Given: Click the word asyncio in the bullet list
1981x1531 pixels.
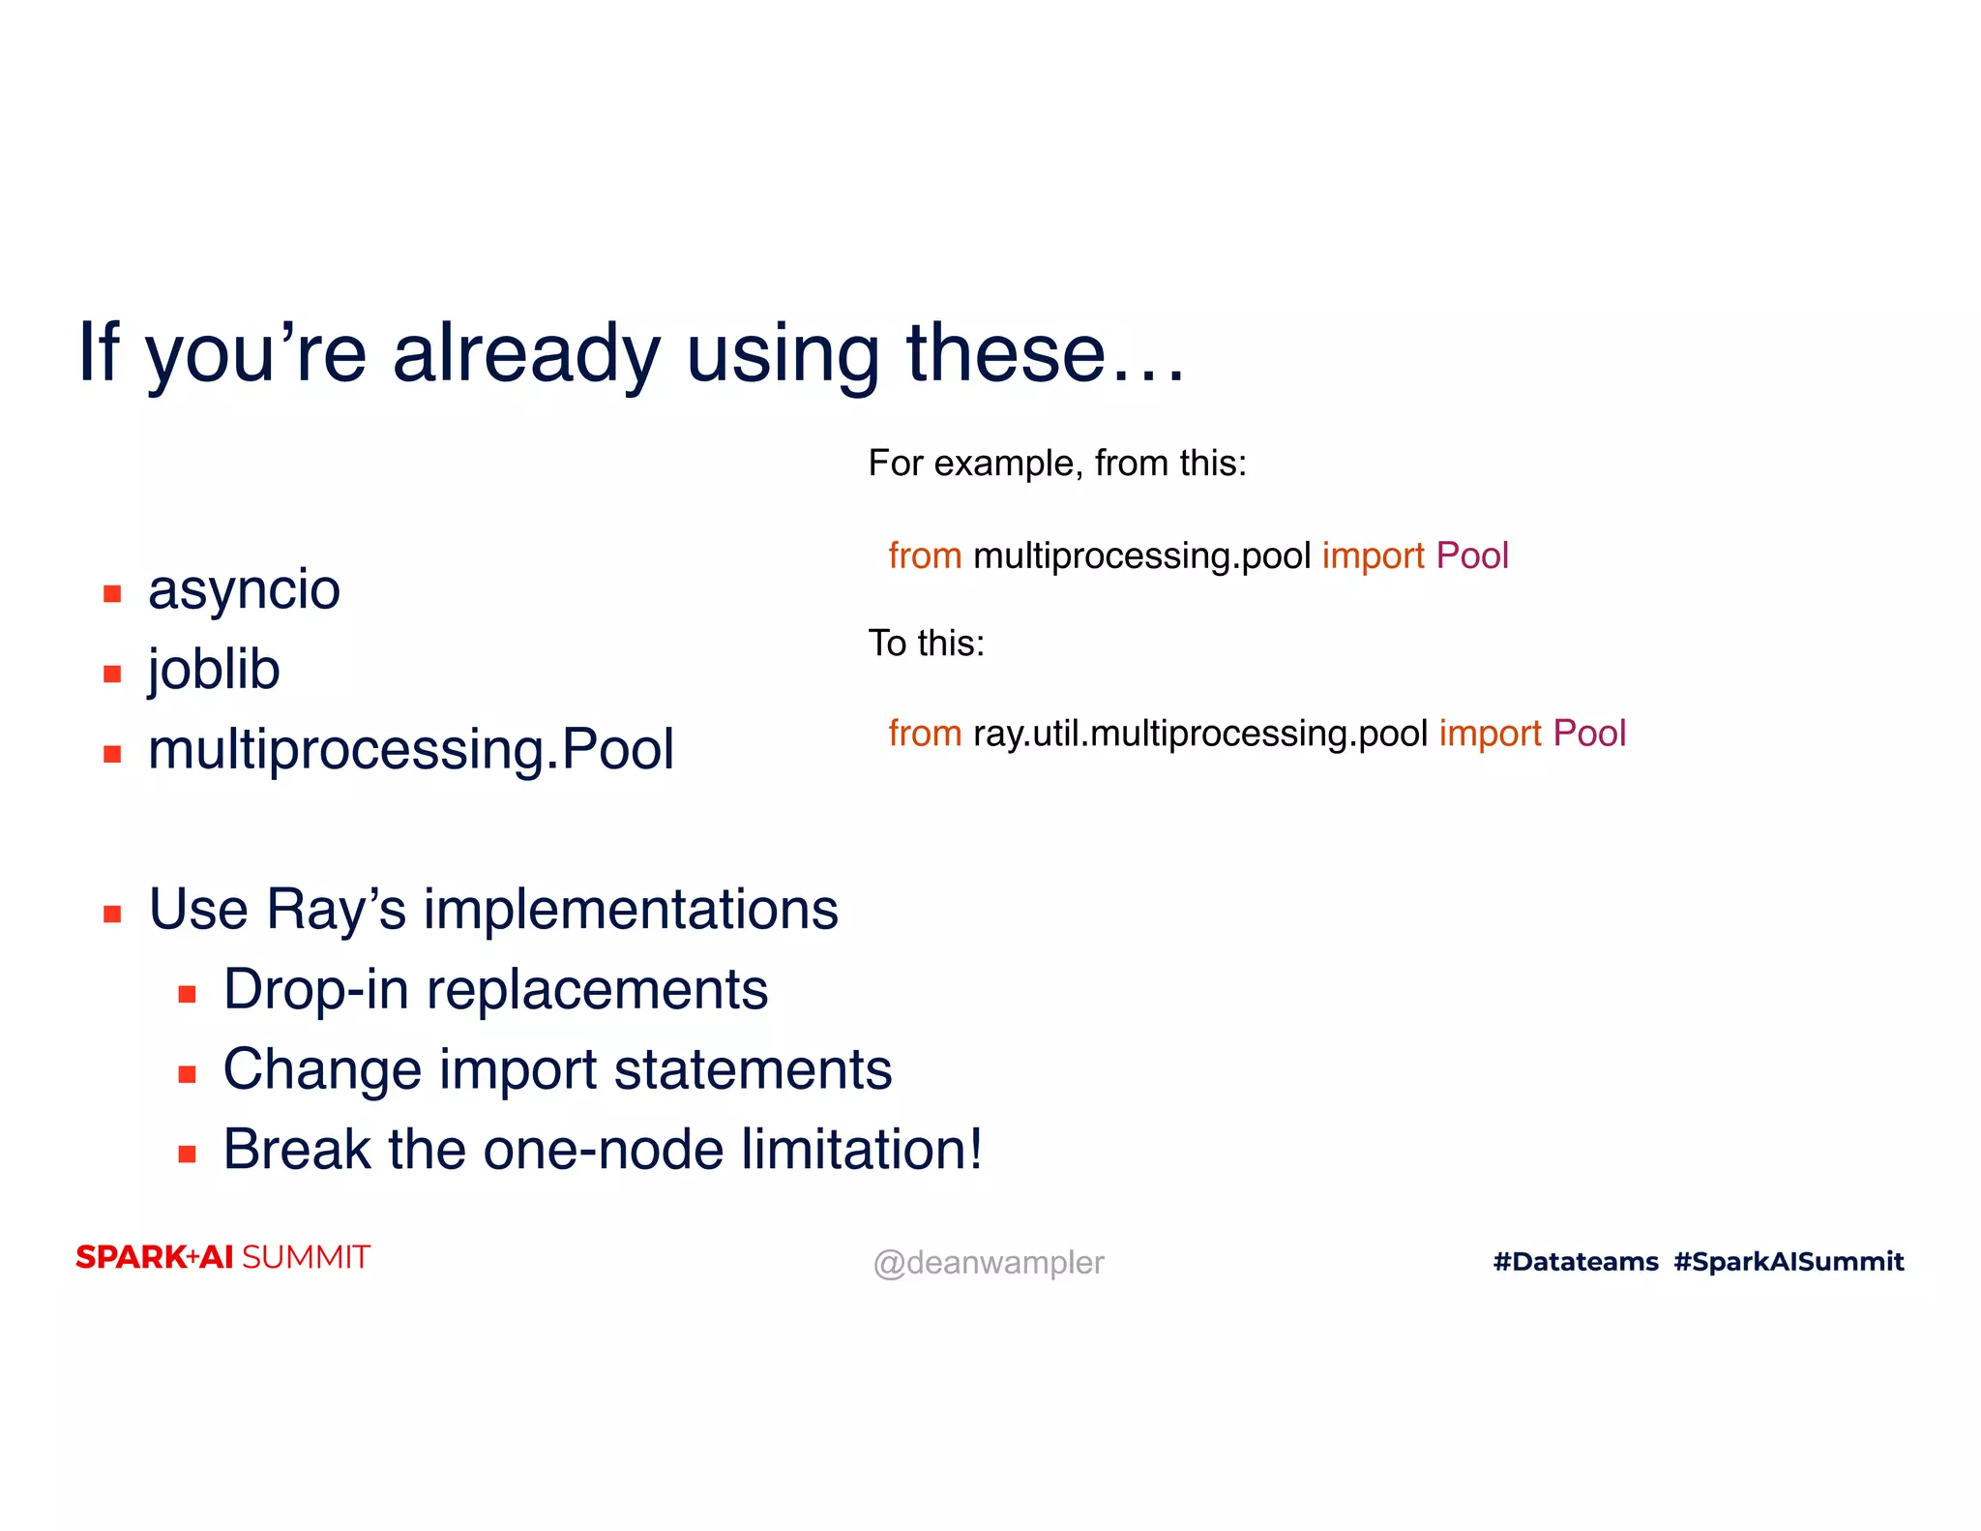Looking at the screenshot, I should [x=244, y=590].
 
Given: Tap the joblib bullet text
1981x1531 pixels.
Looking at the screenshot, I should [x=214, y=670].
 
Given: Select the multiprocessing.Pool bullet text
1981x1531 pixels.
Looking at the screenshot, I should [x=410, y=750].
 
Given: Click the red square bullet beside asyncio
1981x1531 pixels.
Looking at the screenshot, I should [x=112, y=593].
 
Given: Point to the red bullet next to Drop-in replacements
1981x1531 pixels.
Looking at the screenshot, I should [x=188, y=994].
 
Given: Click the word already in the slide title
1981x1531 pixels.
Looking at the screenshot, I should [x=526, y=354].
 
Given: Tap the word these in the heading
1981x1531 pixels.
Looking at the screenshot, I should [x=1005, y=354].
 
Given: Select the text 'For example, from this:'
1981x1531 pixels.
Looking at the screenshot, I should [x=1056, y=464].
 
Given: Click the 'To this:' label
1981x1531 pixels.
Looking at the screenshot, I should [x=926, y=644].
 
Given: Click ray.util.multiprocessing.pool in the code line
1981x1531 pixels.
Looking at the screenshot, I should [x=1199, y=734].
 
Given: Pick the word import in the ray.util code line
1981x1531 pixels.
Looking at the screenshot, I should [x=1490, y=735].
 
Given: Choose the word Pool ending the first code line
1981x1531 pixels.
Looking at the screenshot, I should [x=1471, y=556].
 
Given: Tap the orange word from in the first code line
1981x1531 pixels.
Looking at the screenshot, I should [x=925, y=556].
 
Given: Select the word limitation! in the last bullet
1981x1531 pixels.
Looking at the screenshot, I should [x=862, y=1150].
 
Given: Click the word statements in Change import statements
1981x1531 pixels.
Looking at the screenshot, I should [x=753, y=1070].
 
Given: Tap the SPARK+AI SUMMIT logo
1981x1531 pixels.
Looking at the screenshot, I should [x=222, y=1257].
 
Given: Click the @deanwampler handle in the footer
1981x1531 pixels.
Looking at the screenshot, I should [x=988, y=1263].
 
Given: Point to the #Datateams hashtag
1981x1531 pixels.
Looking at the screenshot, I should [x=1575, y=1262].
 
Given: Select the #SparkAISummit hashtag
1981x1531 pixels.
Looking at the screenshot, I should [x=1789, y=1262].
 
